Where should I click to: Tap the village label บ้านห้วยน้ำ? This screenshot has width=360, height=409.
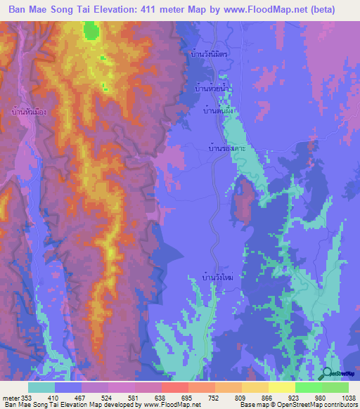pyautogui.click(x=212, y=91)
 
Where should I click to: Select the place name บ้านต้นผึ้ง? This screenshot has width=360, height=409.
pyautogui.click(x=218, y=111)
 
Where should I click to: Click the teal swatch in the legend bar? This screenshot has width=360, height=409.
pyautogui.click(x=41, y=387)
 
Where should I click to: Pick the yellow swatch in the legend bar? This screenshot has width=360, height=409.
pyautogui.click(x=281, y=387)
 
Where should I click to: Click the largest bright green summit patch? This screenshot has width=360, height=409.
pyautogui.click(x=91, y=30)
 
